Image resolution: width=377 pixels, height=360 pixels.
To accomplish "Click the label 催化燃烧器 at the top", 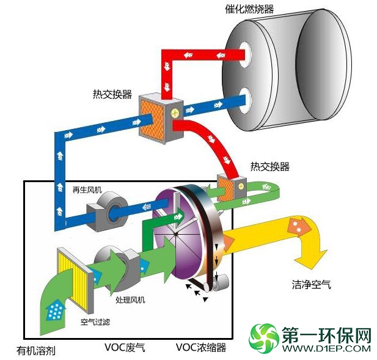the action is click(x=249, y=9).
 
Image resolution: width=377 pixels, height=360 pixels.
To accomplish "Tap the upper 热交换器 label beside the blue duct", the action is click(x=112, y=94).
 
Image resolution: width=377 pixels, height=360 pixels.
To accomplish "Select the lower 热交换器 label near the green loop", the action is click(x=270, y=166).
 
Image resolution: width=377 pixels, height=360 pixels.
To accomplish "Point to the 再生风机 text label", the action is click(x=87, y=190).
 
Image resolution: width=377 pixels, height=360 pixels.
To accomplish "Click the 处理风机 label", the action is click(x=130, y=299).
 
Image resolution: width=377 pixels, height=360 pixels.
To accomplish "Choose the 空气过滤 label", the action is click(x=95, y=321).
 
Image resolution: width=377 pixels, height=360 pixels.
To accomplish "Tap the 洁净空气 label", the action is click(x=312, y=284).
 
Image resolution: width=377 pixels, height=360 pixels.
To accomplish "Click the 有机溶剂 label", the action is click(x=36, y=351).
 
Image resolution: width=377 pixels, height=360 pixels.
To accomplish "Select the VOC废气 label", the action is click(x=125, y=348).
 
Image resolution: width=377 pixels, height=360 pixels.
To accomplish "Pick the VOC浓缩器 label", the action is click(x=201, y=348).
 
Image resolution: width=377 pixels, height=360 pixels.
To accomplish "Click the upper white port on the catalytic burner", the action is click(x=245, y=55).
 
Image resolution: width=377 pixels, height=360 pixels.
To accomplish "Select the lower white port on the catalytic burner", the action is click(x=246, y=100).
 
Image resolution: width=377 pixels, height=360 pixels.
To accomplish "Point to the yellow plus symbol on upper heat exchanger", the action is click(x=175, y=112).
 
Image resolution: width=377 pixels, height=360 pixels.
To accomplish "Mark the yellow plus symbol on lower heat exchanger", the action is click(x=241, y=186).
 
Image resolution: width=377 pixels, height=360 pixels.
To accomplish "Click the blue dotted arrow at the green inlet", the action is click(x=55, y=309).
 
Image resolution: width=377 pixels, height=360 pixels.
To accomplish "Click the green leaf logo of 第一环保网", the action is click(x=263, y=338).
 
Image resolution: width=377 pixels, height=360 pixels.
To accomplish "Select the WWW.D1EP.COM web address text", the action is click(x=326, y=348).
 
